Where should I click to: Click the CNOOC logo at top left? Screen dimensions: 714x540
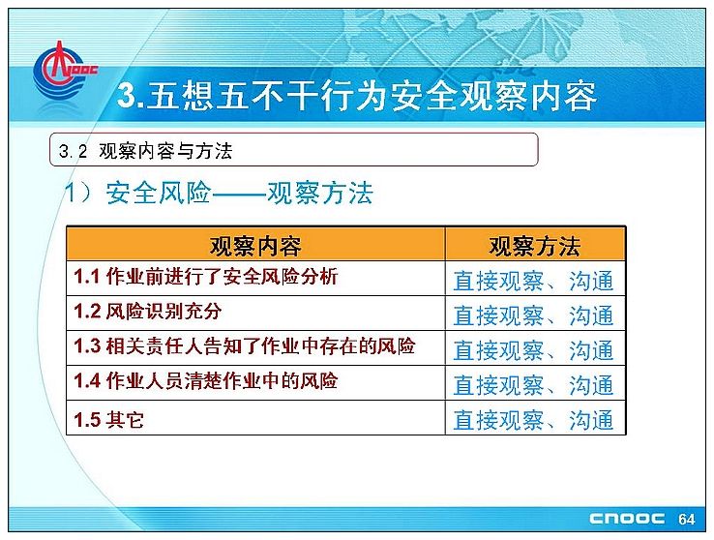coord(64,71)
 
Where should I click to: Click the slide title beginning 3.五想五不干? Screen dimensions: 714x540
coord(357,96)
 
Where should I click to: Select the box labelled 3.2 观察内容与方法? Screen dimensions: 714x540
coord(294,149)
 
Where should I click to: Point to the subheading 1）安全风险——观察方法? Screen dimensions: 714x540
coord(219,193)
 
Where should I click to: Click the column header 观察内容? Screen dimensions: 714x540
coord(255,245)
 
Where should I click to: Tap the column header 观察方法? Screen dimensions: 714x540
coord(535,245)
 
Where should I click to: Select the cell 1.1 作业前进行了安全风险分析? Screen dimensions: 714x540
coord(255,278)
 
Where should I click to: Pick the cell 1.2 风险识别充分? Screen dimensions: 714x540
coord(255,313)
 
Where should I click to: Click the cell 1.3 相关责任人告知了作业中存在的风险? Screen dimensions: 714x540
coord(255,347)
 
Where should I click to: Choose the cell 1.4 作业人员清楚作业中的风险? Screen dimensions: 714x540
coord(255,382)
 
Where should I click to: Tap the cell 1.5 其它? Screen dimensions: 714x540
coord(255,417)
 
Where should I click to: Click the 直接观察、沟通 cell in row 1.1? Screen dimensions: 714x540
coord(535,278)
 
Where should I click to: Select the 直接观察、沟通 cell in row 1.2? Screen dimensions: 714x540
coord(535,313)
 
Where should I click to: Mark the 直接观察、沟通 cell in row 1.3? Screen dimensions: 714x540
coord(535,347)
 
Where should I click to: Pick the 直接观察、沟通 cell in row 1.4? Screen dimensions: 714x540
coord(535,382)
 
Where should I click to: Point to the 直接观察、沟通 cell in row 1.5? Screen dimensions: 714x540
coord(535,417)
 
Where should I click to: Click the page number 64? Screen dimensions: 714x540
coord(686,519)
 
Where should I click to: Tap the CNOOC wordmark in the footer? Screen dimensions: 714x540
coord(627,519)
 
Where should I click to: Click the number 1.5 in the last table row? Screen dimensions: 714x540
coord(86,419)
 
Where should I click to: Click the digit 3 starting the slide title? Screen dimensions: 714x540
coord(126,96)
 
